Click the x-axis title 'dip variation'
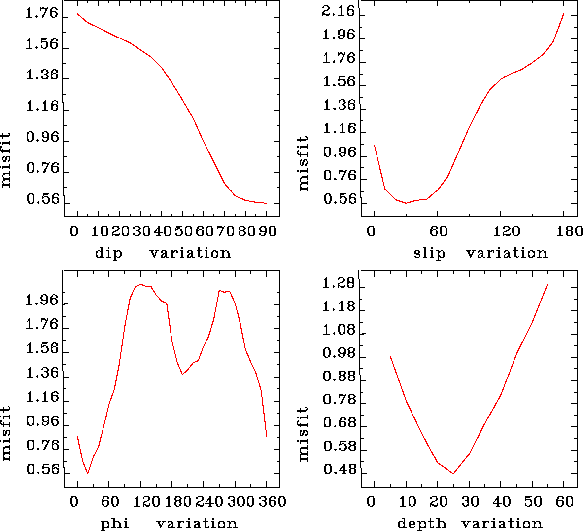click(x=163, y=253)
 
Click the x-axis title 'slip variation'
click(x=480, y=253)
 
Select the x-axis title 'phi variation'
click(x=169, y=523)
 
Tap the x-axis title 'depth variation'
click(x=469, y=523)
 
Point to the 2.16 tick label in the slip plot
click(x=339, y=11)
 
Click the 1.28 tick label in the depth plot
click(x=339, y=283)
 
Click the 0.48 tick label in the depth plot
click(x=340, y=470)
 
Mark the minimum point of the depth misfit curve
click(x=453, y=473)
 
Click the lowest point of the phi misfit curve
click(x=88, y=473)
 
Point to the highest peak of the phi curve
click(x=140, y=284)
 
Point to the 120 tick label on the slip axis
click(x=501, y=231)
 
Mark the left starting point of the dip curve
click(x=77, y=14)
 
